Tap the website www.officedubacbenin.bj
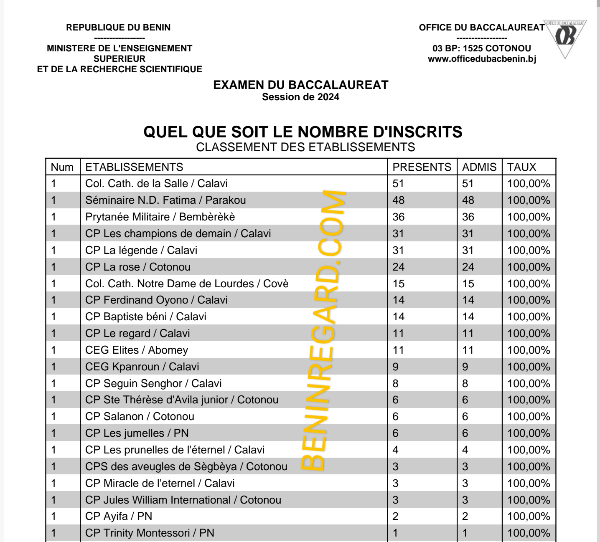coord(482,59)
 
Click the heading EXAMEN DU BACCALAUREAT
coord(300,85)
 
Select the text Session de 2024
coord(300,97)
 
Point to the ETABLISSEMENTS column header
coord(134,167)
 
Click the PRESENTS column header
coord(422,167)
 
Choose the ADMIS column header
coord(479,167)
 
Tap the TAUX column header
coord(521,167)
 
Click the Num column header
coord(62,167)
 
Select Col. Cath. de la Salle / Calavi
coord(156,183)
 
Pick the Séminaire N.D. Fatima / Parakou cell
coord(165,200)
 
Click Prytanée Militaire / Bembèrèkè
coord(160,217)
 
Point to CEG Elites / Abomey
coord(137,350)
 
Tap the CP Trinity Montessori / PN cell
coord(150,533)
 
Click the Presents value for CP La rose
coord(398,267)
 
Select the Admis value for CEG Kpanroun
coord(465,367)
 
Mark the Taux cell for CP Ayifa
coord(529,517)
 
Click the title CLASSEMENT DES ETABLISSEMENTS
coord(305,147)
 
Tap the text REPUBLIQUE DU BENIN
coord(119,28)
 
